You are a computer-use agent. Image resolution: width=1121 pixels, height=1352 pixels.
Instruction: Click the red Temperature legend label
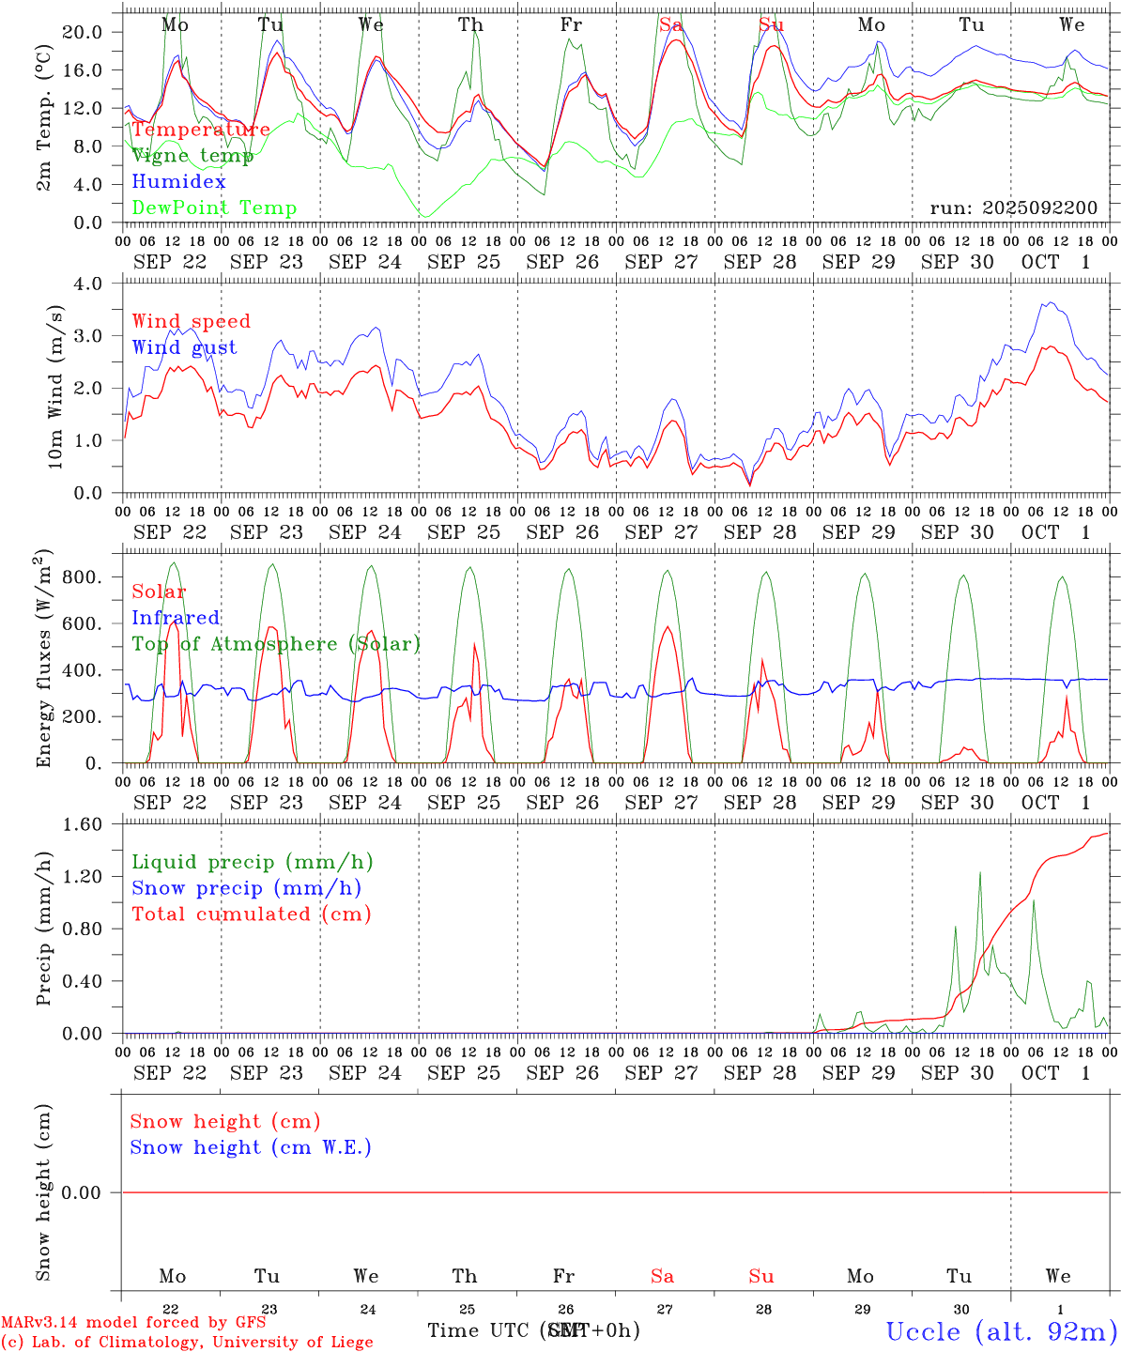(201, 130)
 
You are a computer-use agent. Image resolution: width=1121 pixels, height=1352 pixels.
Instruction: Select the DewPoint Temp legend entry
(214, 208)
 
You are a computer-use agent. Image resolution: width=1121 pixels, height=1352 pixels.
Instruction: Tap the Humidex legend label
(179, 182)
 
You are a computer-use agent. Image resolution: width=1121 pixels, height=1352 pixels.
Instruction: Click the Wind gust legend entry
(184, 347)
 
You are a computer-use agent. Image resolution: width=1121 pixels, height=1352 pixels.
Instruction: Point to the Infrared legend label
(176, 618)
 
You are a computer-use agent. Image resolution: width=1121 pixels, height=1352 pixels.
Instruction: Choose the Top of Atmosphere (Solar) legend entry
(276, 644)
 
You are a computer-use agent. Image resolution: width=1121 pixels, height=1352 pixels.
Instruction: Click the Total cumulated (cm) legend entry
(251, 914)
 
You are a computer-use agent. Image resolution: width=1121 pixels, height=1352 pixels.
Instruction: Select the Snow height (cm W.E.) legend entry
(251, 1147)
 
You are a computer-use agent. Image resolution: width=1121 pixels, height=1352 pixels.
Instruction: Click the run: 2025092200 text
(1013, 208)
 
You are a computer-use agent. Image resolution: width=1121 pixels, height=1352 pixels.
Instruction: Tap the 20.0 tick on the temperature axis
(83, 32)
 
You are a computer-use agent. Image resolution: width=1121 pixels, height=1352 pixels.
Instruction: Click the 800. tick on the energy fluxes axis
(81, 576)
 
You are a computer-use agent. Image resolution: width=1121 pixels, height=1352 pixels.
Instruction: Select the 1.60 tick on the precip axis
(84, 824)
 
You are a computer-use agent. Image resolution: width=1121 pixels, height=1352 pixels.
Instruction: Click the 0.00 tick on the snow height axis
(82, 1192)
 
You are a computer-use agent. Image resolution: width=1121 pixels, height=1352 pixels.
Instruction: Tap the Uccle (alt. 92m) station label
(1002, 1331)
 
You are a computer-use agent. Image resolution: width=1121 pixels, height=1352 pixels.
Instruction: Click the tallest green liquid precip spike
(980, 873)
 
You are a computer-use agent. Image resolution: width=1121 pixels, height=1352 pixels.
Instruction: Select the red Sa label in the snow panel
(662, 1276)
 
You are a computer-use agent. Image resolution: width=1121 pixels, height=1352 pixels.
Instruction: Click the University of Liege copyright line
(187, 1343)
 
